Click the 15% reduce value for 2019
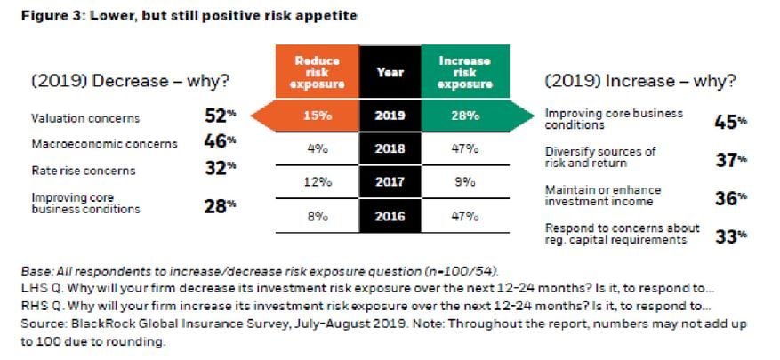pyautogui.click(x=313, y=115)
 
